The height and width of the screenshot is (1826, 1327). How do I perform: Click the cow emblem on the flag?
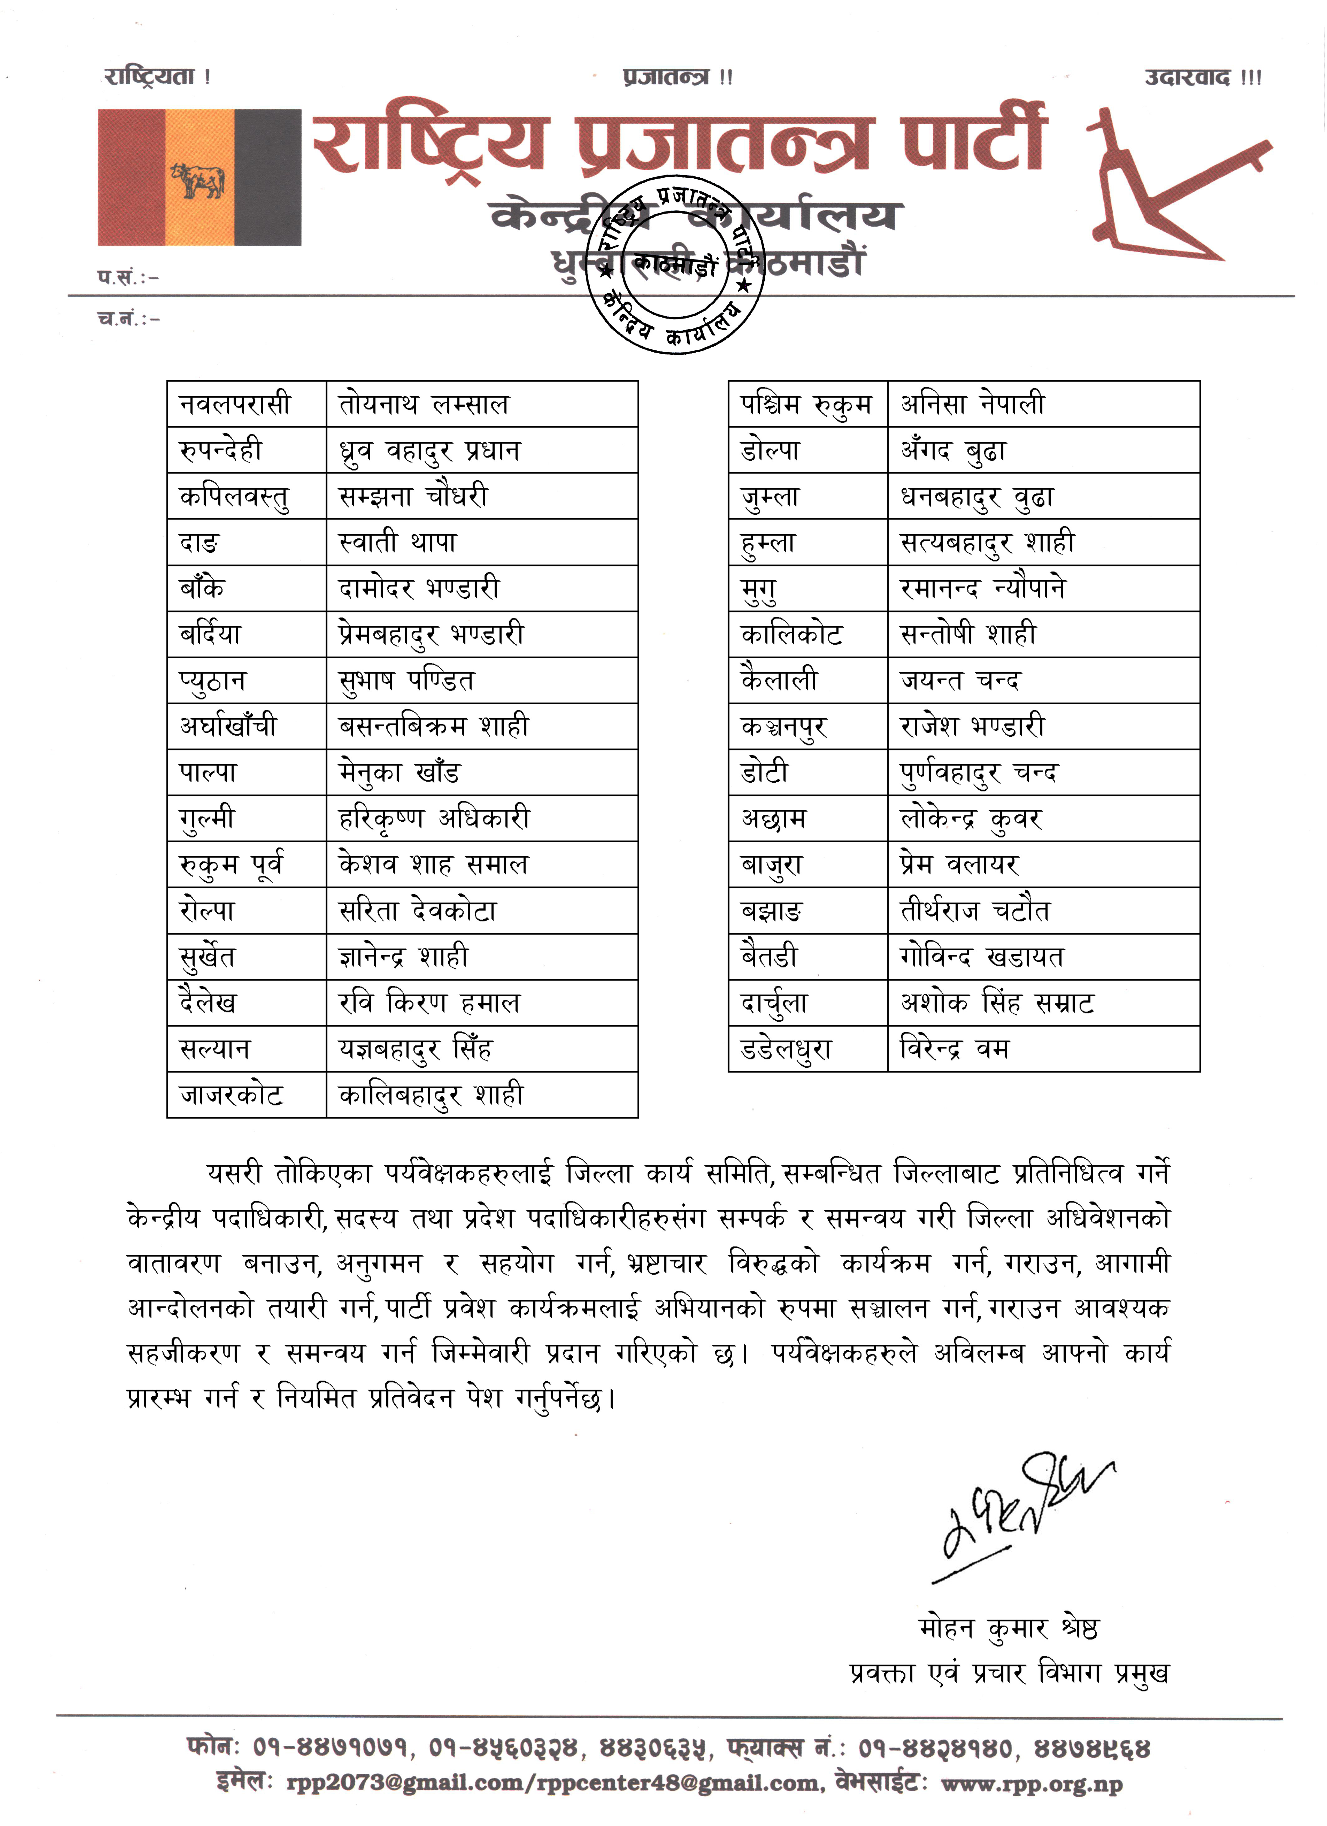197,180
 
